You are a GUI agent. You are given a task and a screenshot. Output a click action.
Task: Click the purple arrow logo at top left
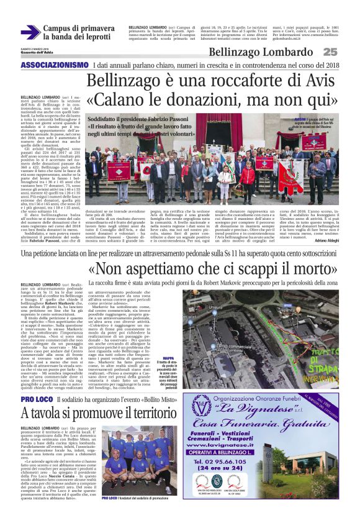[30, 32]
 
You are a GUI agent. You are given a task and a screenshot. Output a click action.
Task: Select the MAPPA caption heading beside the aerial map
[168, 358]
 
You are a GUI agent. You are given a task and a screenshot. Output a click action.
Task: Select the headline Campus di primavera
[79, 29]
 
